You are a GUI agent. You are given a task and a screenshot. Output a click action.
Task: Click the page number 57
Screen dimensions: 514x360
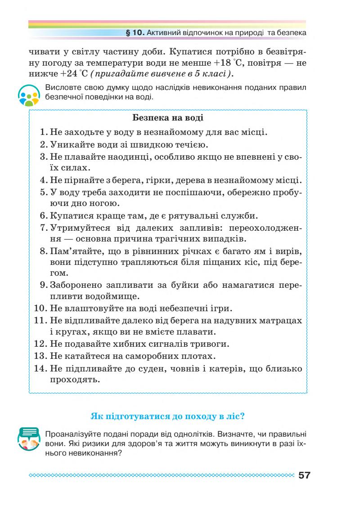[x=304, y=475]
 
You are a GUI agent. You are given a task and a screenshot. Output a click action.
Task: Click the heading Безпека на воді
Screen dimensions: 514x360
[x=168, y=118]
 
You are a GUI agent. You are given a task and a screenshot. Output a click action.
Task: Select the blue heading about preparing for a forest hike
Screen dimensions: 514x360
[x=167, y=416]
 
